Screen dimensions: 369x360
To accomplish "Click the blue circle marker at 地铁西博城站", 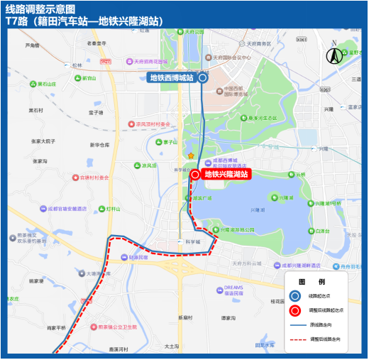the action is pos(203,78).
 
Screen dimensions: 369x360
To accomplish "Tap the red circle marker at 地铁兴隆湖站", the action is pos(195,174).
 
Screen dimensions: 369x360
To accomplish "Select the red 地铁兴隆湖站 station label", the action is pos(226,174).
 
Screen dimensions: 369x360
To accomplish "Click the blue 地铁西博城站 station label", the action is pos(171,77).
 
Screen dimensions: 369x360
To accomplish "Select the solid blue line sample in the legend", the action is pos(297,325).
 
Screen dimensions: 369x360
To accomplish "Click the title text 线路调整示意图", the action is pos(35,9).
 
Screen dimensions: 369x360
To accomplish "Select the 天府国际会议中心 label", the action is pos(231,58).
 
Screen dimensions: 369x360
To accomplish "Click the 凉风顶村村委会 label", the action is pos(150,124).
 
